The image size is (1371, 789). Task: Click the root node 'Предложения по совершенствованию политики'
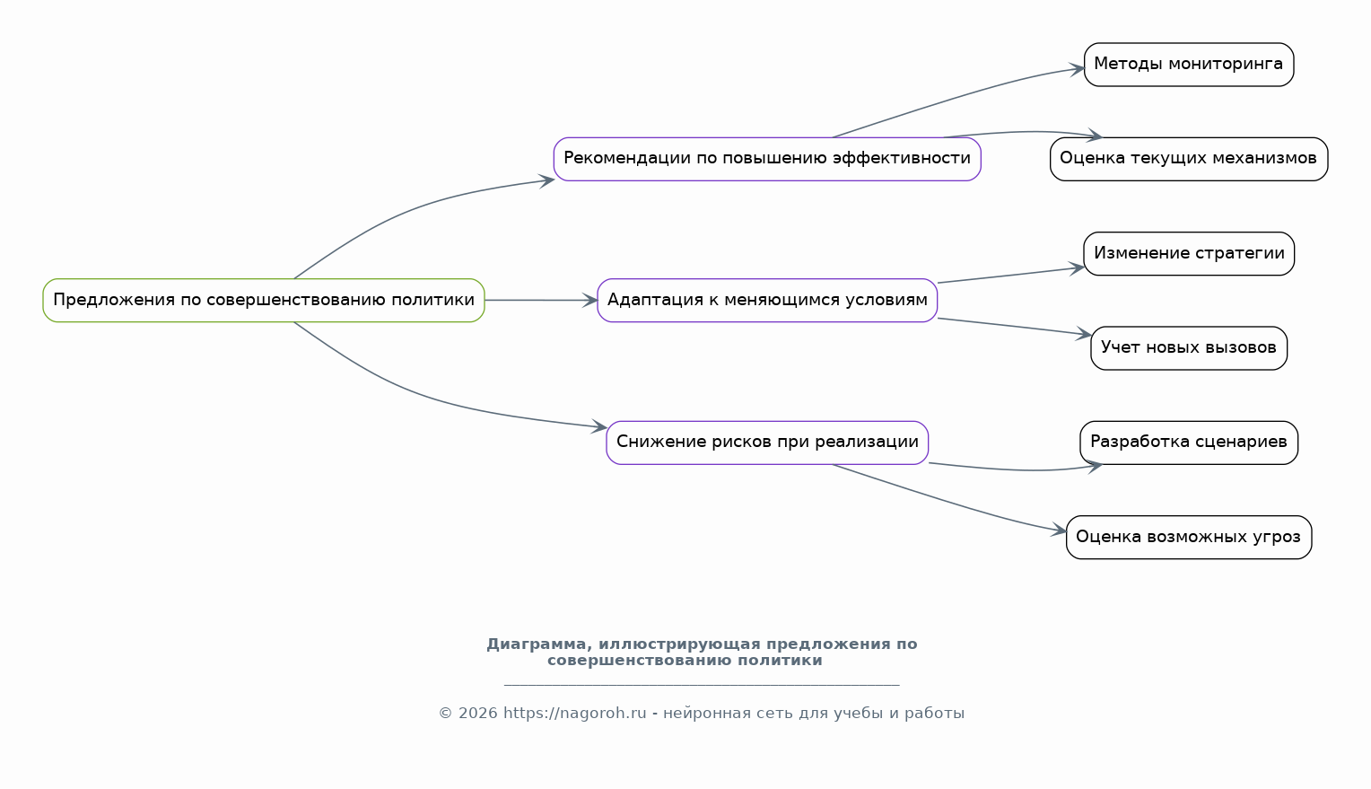(264, 301)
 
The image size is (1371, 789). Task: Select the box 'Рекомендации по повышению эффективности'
(767, 159)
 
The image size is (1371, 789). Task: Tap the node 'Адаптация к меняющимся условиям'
(767, 301)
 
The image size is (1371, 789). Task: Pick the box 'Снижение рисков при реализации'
(767, 443)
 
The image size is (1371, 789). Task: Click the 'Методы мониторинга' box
(1189, 65)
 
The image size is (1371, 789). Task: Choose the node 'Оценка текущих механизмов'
(1189, 159)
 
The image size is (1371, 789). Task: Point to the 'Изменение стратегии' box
(1189, 253)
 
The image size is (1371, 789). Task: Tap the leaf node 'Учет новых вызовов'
(1189, 348)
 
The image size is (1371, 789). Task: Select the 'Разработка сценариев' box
(1189, 443)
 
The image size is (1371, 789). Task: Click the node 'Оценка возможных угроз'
(1189, 538)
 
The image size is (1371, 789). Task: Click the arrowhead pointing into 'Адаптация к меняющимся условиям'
(590, 301)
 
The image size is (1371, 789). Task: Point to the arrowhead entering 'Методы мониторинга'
(1078, 69)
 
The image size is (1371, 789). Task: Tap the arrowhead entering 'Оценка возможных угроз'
(1059, 530)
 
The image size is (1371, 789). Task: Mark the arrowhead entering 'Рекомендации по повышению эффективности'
(547, 180)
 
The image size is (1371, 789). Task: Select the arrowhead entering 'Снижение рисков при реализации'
(599, 426)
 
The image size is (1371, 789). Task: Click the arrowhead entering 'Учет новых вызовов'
(1084, 334)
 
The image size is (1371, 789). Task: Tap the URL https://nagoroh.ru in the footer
(575, 713)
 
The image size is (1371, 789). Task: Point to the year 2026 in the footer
(477, 713)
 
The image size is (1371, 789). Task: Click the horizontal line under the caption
(702, 685)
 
